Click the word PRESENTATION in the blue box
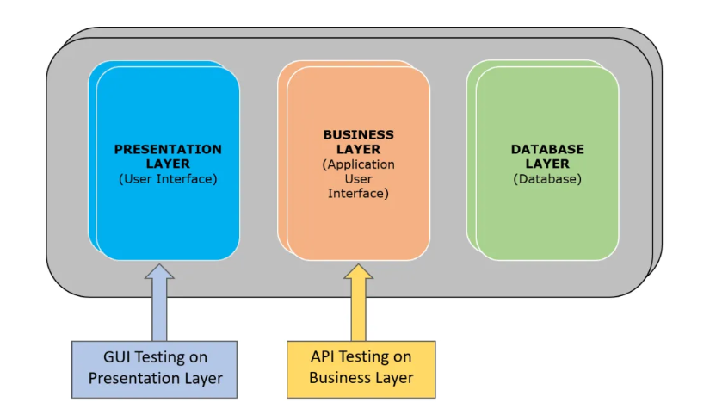click(x=168, y=149)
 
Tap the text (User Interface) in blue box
click(x=168, y=179)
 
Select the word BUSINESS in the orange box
click(x=358, y=134)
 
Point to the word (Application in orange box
click(x=358, y=164)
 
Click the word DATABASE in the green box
click(x=547, y=149)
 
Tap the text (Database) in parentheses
click(x=547, y=179)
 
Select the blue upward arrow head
click(x=159, y=272)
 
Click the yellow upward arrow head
click(x=358, y=272)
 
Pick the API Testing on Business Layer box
click(x=361, y=367)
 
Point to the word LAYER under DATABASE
click(x=547, y=164)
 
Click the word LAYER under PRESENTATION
click(x=168, y=164)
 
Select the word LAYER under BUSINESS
click(x=358, y=149)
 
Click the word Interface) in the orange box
click(x=358, y=194)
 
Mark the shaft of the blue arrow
click(x=159, y=310)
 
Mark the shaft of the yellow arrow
click(x=358, y=310)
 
